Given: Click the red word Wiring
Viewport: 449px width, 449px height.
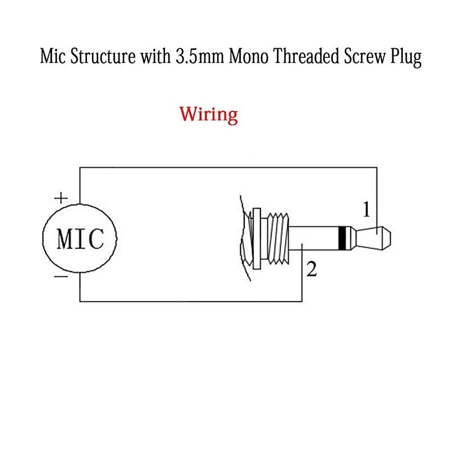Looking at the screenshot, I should tap(209, 114).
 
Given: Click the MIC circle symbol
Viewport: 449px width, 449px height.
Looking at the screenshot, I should tap(80, 239).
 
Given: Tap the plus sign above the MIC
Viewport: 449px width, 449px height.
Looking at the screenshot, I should tap(60, 198).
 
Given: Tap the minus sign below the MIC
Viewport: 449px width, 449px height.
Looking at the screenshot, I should tap(61, 276).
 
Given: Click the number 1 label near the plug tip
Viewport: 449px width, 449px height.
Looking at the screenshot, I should tap(366, 210).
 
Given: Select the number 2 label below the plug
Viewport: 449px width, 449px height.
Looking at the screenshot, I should tap(313, 269).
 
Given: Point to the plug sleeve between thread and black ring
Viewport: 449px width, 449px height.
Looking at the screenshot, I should tap(314, 238).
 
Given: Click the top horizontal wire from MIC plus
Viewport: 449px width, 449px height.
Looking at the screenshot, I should tap(224, 166).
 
